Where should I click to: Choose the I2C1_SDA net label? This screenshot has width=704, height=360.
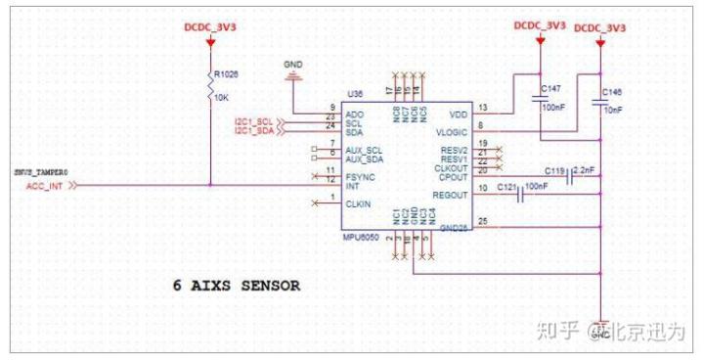coord(254,130)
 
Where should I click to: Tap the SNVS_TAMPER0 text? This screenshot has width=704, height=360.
coord(41,172)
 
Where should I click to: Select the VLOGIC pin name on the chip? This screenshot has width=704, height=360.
coord(451,130)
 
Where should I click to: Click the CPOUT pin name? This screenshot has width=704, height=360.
coord(452,178)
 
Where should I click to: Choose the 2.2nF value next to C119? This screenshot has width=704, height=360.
coord(585,169)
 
